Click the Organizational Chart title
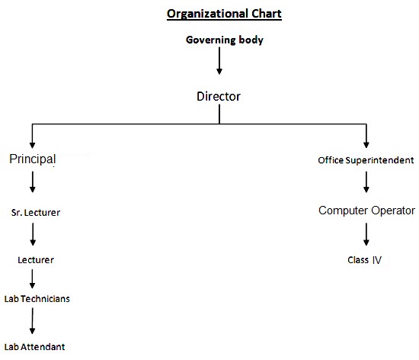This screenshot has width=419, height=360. [x=224, y=14]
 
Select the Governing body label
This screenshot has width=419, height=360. [x=225, y=40]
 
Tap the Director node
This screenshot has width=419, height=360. [x=219, y=96]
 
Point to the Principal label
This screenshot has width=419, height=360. [x=33, y=159]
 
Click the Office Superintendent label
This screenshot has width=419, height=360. [x=366, y=160]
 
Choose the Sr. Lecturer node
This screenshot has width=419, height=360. [x=36, y=213]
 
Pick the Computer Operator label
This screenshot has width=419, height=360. [x=366, y=211]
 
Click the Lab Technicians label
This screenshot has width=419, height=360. [x=37, y=299]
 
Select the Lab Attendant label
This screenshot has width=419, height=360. [x=34, y=347]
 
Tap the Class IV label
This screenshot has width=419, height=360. [x=364, y=260]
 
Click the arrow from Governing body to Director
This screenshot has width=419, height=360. [x=219, y=61]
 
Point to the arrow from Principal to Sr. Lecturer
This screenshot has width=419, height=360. [x=33, y=182]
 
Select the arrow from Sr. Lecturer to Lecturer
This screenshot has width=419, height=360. [x=33, y=234]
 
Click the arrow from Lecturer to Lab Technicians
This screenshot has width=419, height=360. [x=32, y=278]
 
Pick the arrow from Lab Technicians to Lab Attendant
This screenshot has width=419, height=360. [x=32, y=321]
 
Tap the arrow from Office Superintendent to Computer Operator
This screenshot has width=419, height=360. [x=366, y=182]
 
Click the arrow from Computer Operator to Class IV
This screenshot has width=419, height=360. [x=366, y=234]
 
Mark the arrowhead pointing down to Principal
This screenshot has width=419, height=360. [x=32, y=145]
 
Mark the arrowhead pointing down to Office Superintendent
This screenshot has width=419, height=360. [x=366, y=145]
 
